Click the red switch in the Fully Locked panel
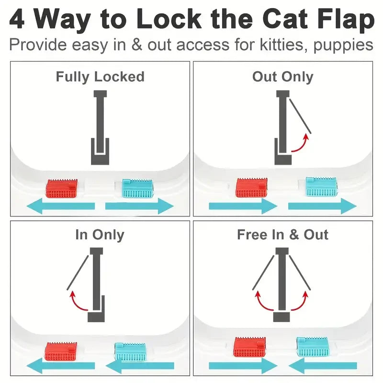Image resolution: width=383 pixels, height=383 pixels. [62, 188]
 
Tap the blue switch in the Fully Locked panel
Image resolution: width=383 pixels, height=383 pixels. [137, 188]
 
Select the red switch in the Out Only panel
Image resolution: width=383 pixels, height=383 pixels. [251, 187]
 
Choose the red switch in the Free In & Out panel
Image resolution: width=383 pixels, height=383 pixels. [249, 347]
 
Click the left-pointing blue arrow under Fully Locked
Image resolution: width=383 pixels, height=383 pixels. [60, 207]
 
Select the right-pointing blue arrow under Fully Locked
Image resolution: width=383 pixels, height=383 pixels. [139, 207]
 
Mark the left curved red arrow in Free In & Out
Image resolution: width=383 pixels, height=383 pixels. [262, 301]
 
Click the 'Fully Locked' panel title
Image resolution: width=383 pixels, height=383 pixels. [100, 77]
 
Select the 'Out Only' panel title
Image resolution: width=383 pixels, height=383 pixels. [282, 77]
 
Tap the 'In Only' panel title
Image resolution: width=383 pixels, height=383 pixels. [100, 235]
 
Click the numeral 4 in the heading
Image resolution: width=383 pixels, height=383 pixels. [17, 19]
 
